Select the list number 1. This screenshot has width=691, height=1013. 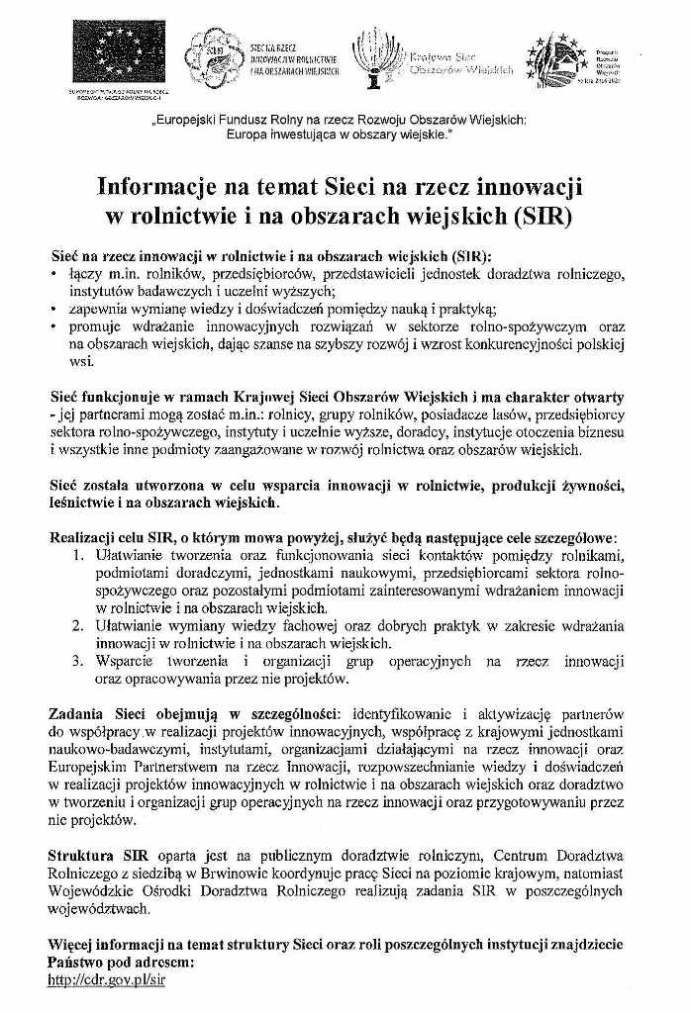click(77, 557)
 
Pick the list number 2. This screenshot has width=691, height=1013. click(77, 626)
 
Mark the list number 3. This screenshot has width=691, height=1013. click(77, 661)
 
